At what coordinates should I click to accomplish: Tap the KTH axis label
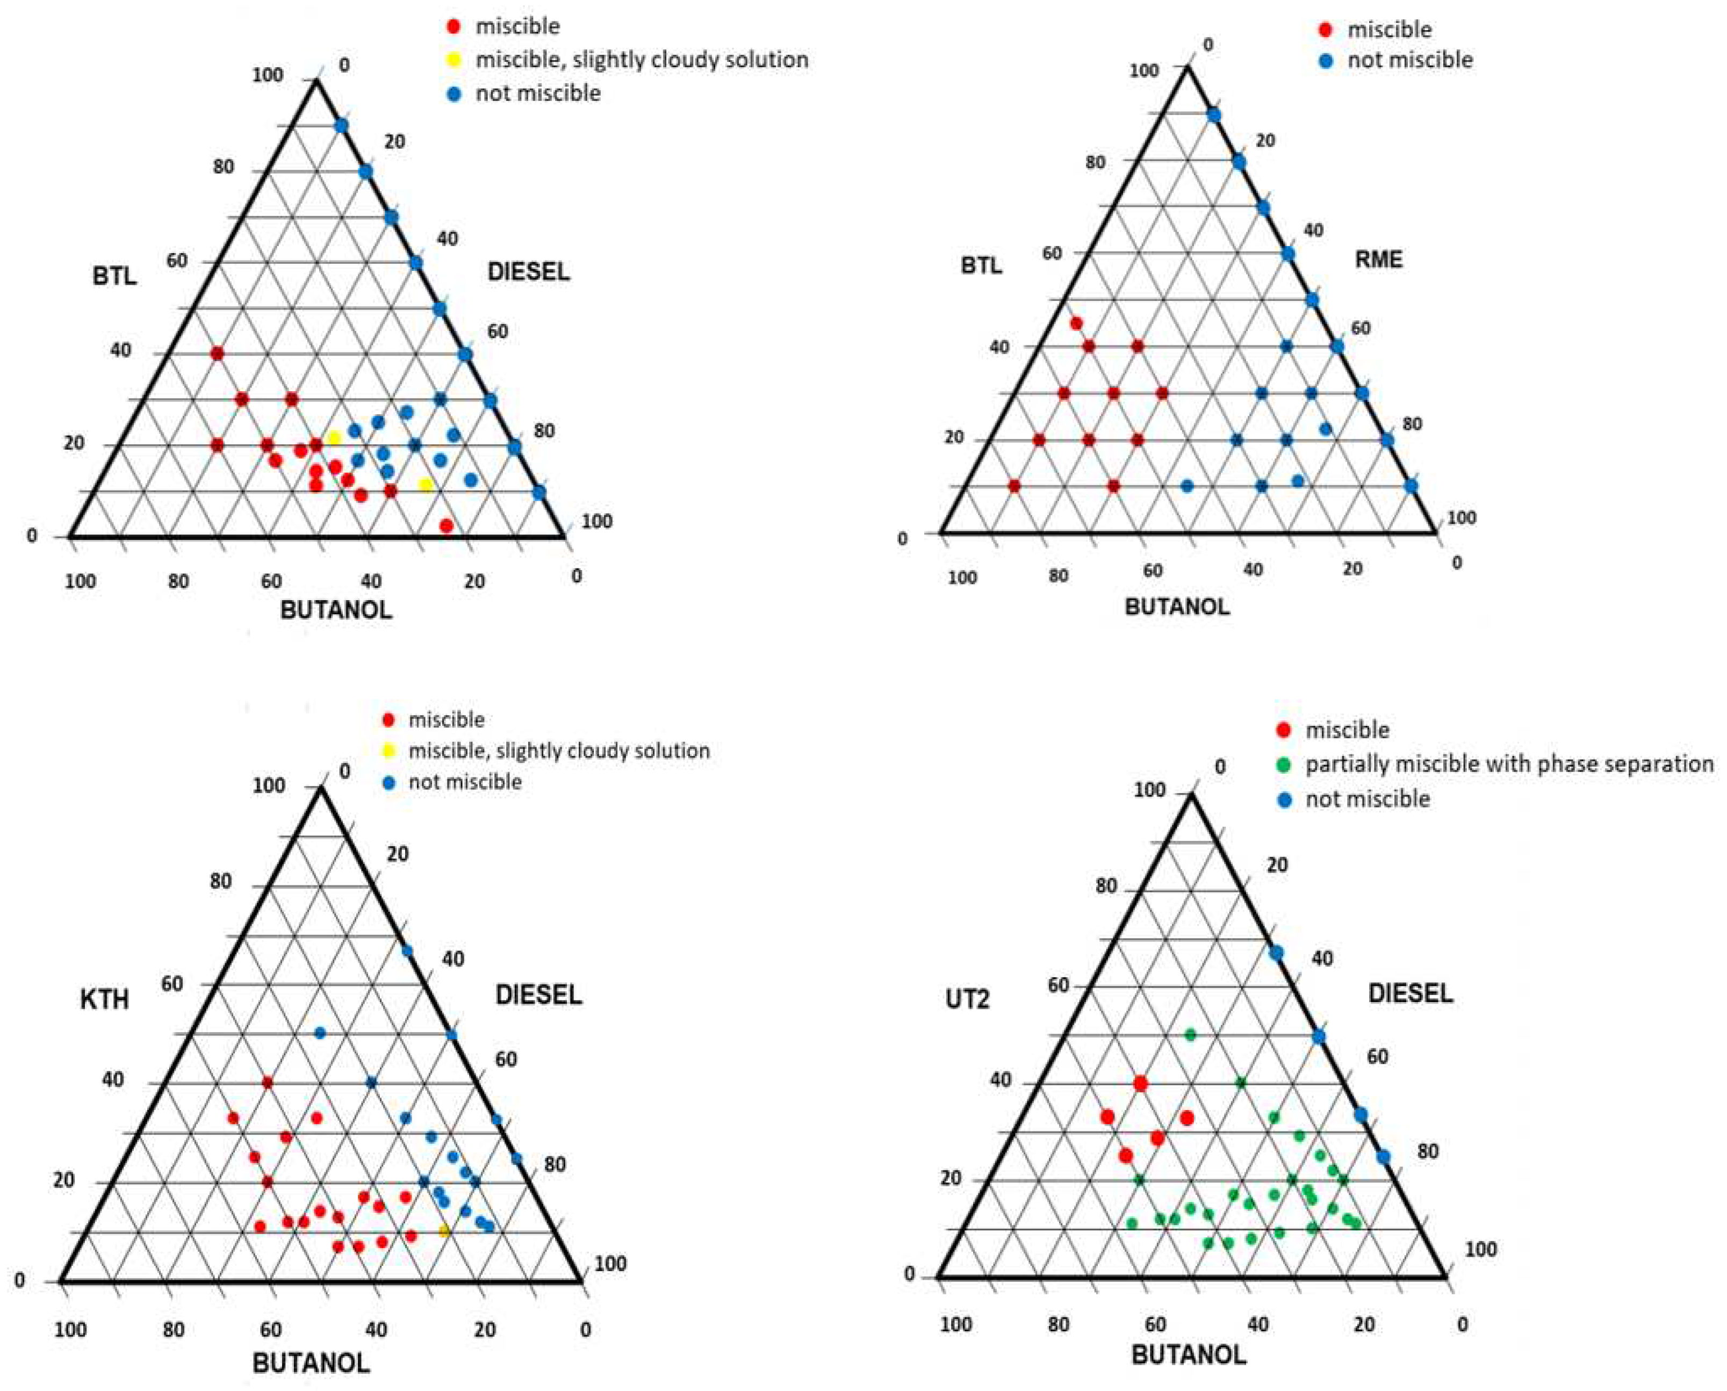click(x=104, y=1000)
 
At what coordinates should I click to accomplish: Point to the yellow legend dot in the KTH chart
click(x=388, y=751)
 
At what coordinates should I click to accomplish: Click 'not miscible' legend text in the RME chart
click(x=1409, y=60)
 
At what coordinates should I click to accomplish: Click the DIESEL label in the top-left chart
click(x=529, y=272)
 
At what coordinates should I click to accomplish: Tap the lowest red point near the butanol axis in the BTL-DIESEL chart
click(x=447, y=525)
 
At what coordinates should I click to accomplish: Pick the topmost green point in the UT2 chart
click(x=1190, y=1034)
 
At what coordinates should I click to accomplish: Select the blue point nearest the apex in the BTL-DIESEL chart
click(x=341, y=125)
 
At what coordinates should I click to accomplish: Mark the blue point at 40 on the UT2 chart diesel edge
click(x=1277, y=953)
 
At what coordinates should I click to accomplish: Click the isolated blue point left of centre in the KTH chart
click(x=320, y=1033)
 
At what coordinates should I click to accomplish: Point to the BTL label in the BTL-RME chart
click(x=981, y=265)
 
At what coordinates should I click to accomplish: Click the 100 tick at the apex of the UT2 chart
click(x=1149, y=791)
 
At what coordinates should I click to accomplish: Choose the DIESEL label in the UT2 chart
click(x=1409, y=993)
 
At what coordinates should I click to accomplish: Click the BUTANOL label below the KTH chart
click(x=311, y=1362)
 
